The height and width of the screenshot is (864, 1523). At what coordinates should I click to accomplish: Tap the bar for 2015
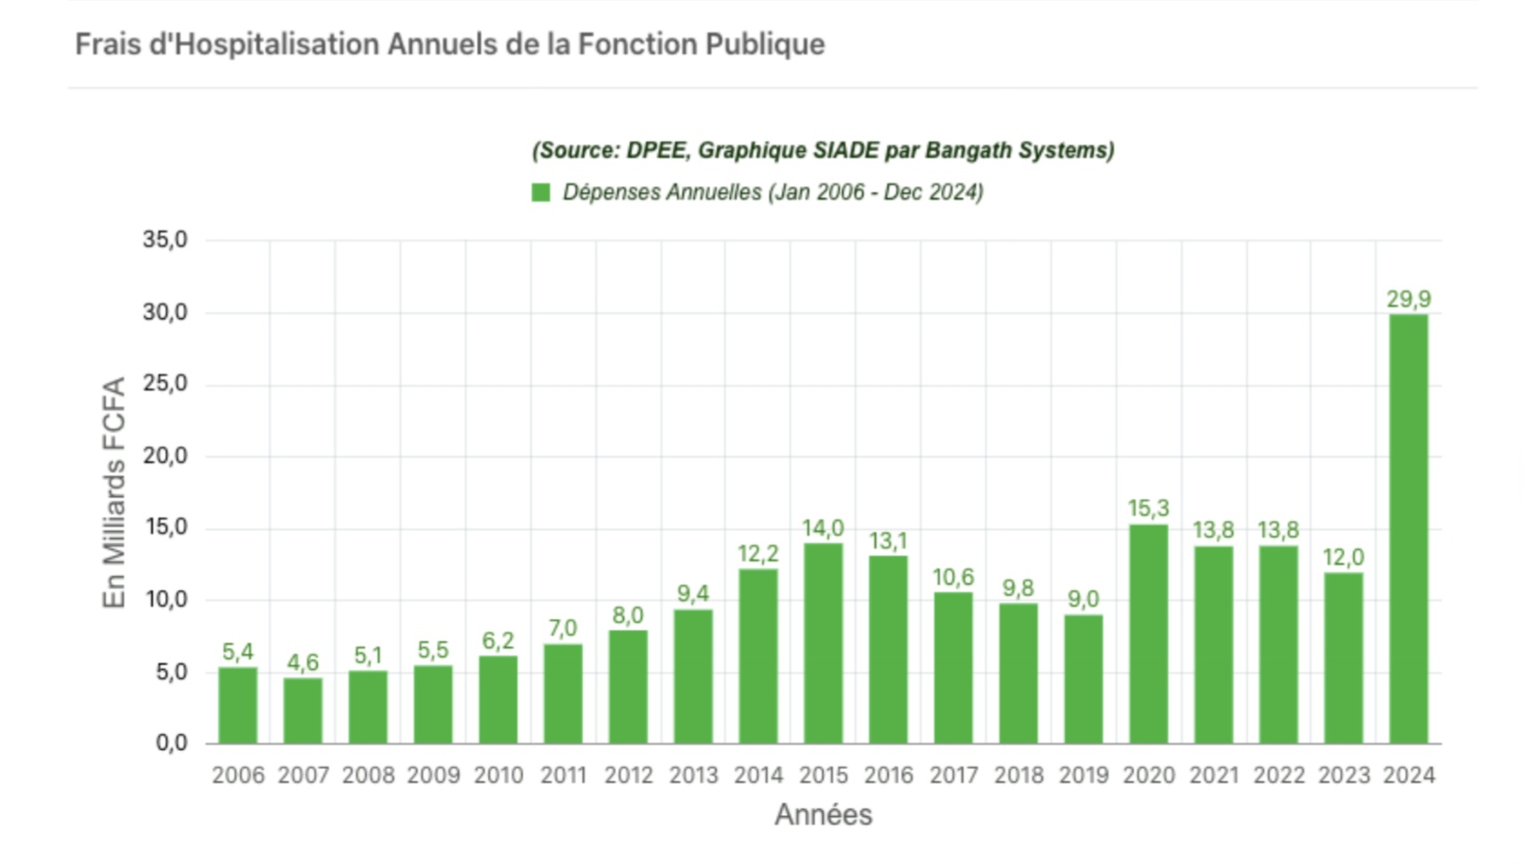(x=823, y=643)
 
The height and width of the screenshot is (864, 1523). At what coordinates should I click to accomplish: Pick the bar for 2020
(x=1148, y=633)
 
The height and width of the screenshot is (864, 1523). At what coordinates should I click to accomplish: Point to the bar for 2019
(x=1083, y=679)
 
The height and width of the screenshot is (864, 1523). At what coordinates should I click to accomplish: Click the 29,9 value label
(x=1408, y=299)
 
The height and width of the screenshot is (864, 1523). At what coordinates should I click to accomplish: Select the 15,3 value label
(x=1148, y=509)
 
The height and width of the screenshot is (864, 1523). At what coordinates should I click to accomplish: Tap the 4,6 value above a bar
(x=303, y=663)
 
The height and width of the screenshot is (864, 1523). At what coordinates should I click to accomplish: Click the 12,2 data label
(x=758, y=554)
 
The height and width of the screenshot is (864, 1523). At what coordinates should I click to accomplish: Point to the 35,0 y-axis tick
(x=166, y=240)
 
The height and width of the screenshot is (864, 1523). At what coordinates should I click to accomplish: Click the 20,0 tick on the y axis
(x=166, y=456)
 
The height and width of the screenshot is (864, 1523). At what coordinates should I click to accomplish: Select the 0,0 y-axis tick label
(x=171, y=743)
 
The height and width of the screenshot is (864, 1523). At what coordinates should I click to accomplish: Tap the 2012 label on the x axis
(x=628, y=776)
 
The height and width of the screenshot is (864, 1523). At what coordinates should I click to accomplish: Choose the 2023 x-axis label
(x=1343, y=776)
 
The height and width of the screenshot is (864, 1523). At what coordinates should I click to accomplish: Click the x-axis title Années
(x=823, y=814)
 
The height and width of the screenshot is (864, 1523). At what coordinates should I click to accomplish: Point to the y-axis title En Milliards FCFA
(x=114, y=493)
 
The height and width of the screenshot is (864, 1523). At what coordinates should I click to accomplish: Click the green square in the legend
(x=541, y=192)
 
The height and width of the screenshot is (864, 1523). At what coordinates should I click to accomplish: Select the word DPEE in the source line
(x=657, y=151)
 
